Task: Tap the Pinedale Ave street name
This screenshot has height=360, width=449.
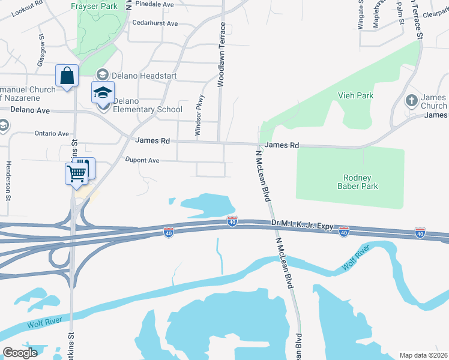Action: click(x=154, y=4)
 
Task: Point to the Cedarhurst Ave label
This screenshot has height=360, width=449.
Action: click(x=155, y=23)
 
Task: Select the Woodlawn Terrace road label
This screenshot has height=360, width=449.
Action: click(x=221, y=55)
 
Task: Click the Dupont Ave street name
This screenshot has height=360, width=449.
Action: click(x=142, y=160)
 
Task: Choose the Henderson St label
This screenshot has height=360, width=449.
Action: click(x=8, y=180)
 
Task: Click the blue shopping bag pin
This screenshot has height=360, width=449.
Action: click(x=67, y=76)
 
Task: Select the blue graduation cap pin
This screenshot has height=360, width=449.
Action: click(x=103, y=93)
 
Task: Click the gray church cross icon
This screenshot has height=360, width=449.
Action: click(x=412, y=100)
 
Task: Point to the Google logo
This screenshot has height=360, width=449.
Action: click(x=20, y=353)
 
